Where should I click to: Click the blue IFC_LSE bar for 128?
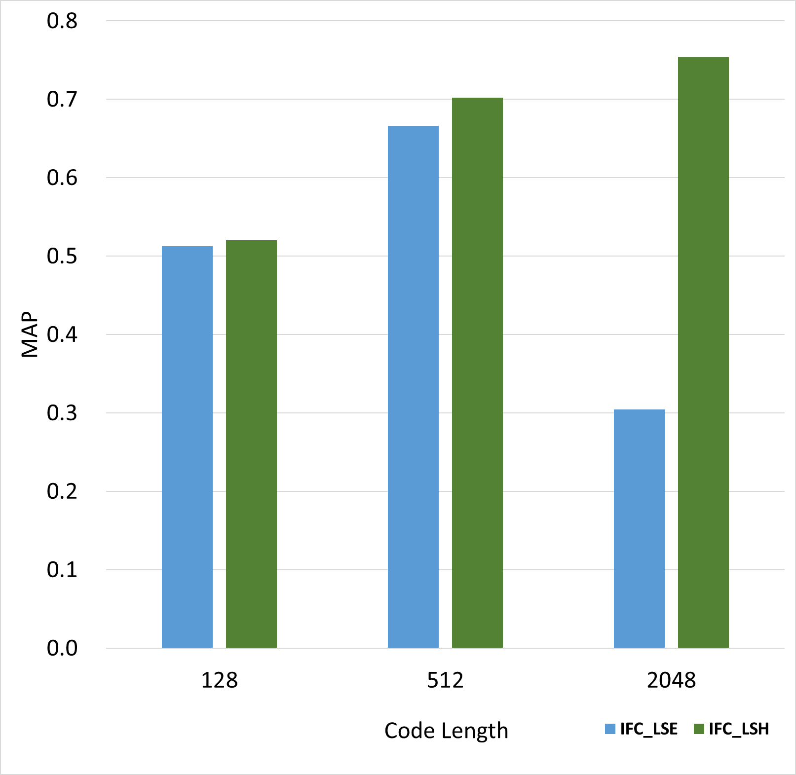pos(187,447)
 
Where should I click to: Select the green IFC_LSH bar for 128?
pos(251,444)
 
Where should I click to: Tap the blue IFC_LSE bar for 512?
pos(413,387)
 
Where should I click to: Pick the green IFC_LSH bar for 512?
pos(477,372)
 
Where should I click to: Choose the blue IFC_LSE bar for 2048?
pos(639,528)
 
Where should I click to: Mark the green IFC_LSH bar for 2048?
pos(703,352)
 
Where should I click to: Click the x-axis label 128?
pos(220,680)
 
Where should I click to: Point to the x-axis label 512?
pos(445,680)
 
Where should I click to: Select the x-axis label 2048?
pos(671,680)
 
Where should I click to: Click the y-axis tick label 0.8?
pos(62,21)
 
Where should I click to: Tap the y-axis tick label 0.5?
pos(62,257)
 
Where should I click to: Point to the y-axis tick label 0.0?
pos(62,648)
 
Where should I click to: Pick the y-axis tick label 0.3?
pos(62,413)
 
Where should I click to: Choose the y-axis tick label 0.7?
pos(62,100)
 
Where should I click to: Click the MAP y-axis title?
pos(30,334)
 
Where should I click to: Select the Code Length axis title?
pos(446,731)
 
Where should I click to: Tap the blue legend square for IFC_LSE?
pos(610,729)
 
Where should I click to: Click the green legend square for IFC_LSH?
pos(699,729)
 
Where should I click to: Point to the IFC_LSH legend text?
pos(739,729)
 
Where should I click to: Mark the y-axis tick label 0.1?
pos(62,570)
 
